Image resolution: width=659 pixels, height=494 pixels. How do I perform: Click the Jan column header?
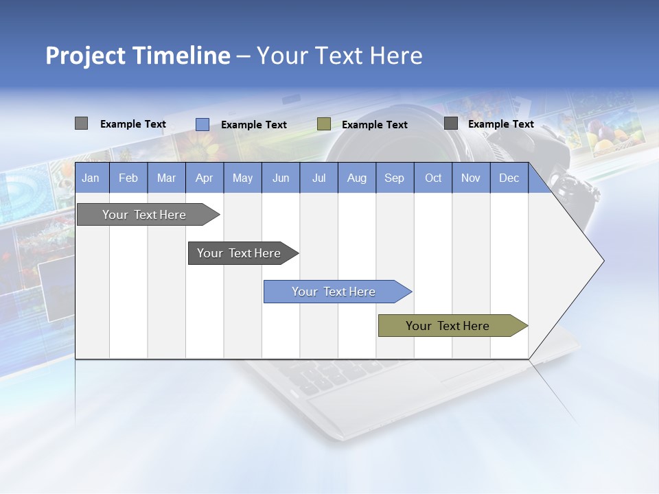pos(91,178)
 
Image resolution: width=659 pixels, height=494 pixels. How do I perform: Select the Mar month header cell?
pos(166,178)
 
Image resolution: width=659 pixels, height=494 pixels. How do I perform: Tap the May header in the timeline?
pos(242,178)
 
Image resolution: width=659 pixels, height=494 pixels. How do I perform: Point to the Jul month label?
pos(319,178)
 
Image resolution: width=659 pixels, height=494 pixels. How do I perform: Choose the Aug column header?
pos(357,178)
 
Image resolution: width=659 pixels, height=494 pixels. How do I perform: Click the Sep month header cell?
pos(395,178)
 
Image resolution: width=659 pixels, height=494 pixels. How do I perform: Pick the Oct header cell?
pos(433,178)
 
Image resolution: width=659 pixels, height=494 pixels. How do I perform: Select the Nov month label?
pos(471,178)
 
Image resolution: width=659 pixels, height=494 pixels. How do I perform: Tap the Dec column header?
pos(509,178)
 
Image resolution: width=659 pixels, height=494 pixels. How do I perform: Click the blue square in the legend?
pos(203,124)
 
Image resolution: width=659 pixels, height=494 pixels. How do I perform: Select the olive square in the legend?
pos(324,124)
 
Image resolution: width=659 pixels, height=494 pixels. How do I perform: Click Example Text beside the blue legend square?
pos(254,125)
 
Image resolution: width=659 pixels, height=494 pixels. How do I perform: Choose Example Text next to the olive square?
pos(375,125)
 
